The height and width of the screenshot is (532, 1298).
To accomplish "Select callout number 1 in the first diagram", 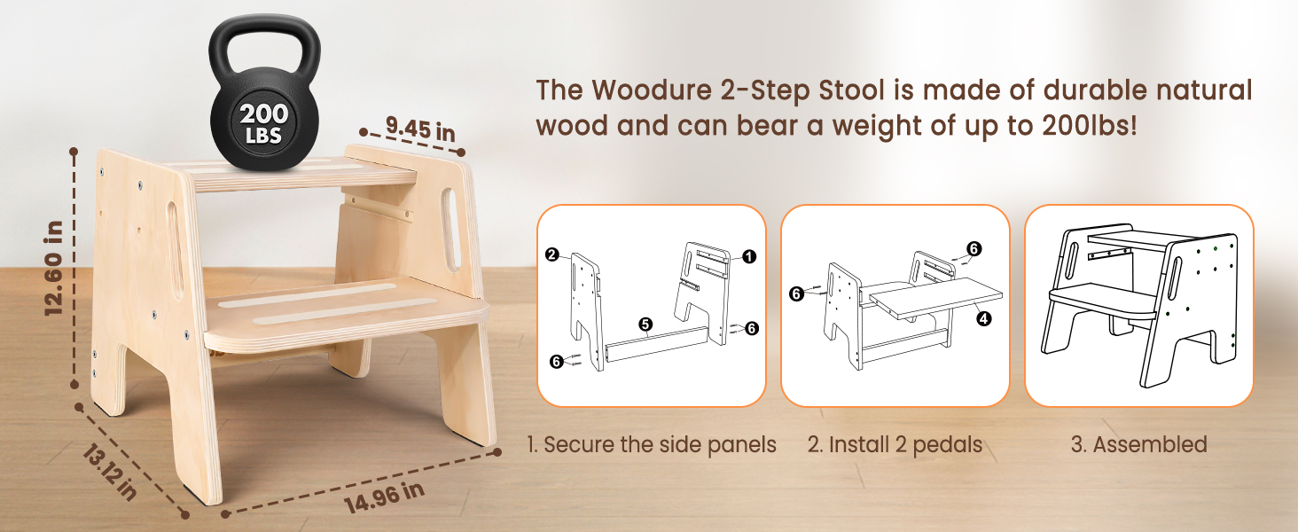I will pyautogui.click(x=748, y=257).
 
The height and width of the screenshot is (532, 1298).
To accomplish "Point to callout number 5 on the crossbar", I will pyautogui.click(x=645, y=325).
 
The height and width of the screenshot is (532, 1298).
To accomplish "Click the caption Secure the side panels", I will pyautogui.click(x=652, y=444).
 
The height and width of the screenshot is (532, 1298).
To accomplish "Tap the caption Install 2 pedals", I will pyautogui.click(x=894, y=444).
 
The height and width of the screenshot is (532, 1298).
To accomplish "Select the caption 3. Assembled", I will pyautogui.click(x=1138, y=444).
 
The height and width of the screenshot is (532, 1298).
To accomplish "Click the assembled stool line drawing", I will pyautogui.click(x=1138, y=306).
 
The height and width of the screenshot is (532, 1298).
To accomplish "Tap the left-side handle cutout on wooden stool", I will pyautogui.click(x=175, y=247).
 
